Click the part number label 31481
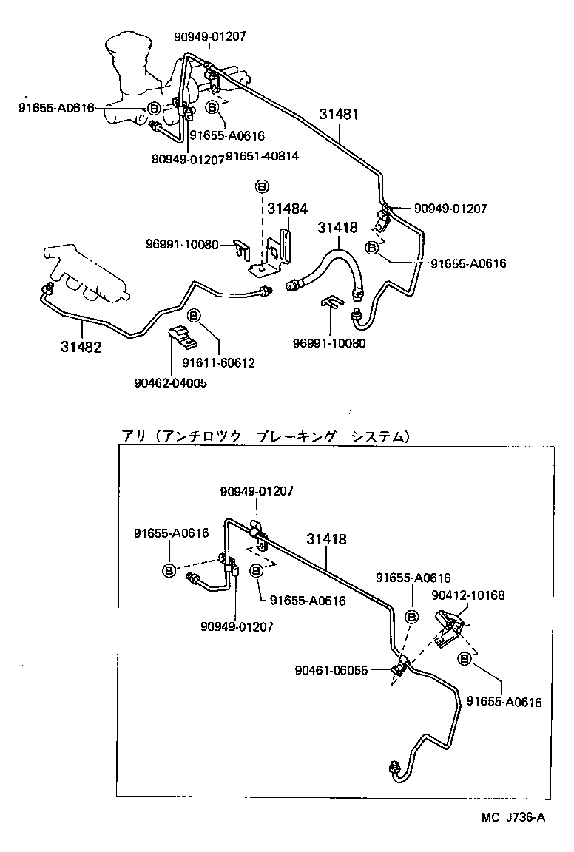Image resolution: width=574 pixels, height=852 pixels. pyautogui.click(x=339, y=115)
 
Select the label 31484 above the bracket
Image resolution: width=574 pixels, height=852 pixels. pyautogui.click(x=287, y=210)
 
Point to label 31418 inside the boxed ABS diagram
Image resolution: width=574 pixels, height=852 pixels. pyautogui.click(x=326, y=539)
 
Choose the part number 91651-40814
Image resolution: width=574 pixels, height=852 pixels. pyautogui.click(x=263, y=157)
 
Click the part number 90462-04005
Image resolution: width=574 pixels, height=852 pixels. pyautogui.click(x=170, y=382)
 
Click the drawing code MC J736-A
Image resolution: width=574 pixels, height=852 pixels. pyautogui.click(x=512, y=816)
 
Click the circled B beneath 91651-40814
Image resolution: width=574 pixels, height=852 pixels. pyautogui.click(x=263, y=185)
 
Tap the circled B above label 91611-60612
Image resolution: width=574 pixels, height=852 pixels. pyautogui.click(x=194, y=316)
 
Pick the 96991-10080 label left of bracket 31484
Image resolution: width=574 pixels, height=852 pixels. pyautogui.click(x=182, y=244)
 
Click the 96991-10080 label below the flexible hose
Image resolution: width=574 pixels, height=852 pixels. pyautogui.click(x=329, y=342)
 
